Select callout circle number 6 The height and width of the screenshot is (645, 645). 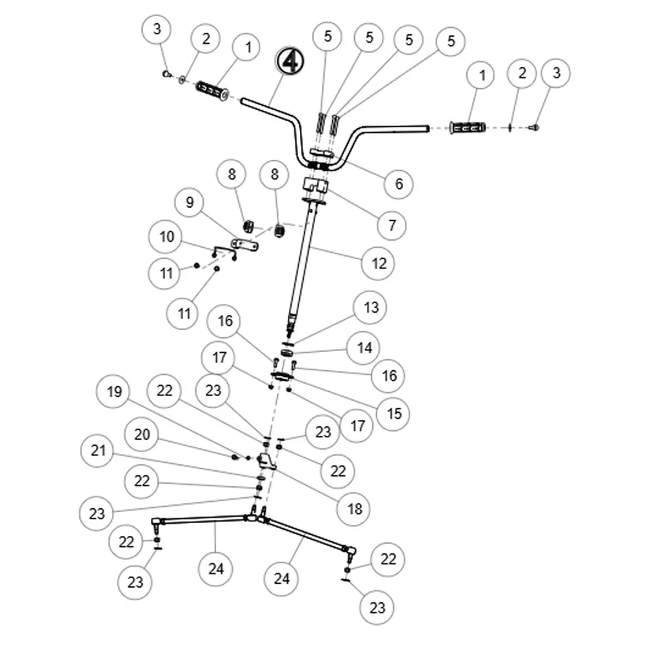(x=399, y=184)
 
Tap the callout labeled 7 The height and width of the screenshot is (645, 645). (x=392, y=225)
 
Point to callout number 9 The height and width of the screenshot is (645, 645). (x=190, y=203)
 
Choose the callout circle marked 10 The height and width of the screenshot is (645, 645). (x=166, y=237)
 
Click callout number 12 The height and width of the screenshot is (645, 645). (x=379, y=263)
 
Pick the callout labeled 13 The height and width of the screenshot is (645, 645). (x=372, y=308)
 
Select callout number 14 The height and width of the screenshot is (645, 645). (x=364, y=348)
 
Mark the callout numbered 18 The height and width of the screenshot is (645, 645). (x=355, y=508)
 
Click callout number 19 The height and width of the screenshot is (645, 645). (x=114, y=392)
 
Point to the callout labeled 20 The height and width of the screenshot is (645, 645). (x=142, y=434)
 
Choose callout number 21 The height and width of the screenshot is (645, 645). (x=98, y=450)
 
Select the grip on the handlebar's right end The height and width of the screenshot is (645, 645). (x=468, y=128)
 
